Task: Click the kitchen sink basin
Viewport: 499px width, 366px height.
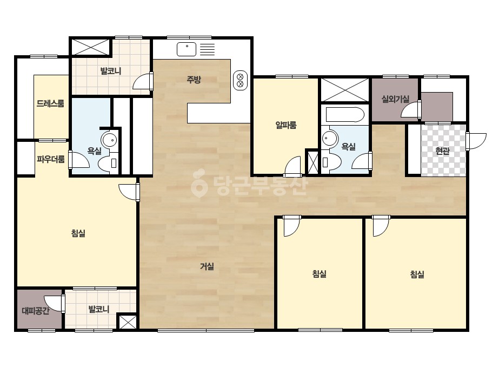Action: tap(187, 49)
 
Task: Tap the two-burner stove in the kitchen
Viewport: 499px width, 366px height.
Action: tap(240, 80)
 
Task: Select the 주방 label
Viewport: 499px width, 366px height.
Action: tap(194, 80)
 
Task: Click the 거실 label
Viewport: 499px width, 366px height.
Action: tap(207, 266)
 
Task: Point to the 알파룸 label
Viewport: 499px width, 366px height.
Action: tap(286, 125)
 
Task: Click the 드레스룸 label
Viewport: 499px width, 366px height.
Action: tap(50, 103)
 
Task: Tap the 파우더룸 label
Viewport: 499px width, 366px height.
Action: tap(51, 159)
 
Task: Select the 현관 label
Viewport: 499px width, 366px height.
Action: tap(442, 151)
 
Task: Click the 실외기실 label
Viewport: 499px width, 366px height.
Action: tap(396, 99)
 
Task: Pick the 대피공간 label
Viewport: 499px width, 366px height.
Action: tap(36, 311)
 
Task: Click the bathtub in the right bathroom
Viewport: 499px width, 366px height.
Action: tap(345, 115)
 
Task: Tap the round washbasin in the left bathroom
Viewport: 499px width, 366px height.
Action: tap(109, 140)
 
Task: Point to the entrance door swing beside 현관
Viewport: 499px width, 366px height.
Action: tap(476, 141)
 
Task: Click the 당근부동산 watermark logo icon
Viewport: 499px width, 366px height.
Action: tap(199, 184)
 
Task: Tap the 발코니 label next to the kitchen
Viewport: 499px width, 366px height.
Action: tap(111, 71)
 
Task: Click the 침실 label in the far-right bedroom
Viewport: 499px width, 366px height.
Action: tap(417, 274)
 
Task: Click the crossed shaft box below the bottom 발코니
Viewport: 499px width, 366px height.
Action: tap(127, 322)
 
